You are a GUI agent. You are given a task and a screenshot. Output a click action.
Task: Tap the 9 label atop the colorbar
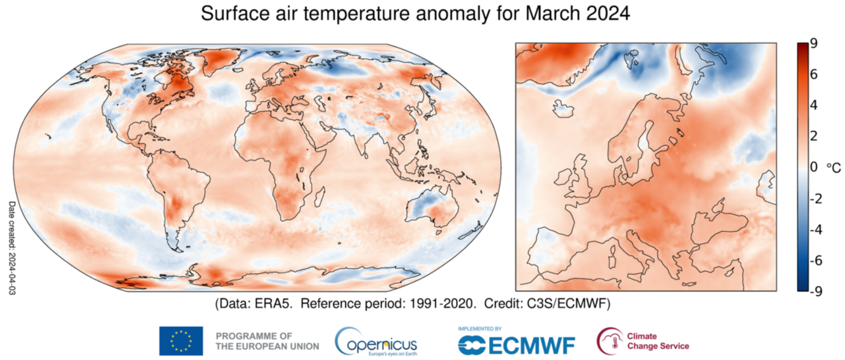point(814,44)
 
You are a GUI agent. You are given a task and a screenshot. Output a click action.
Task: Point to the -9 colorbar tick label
point(816,291)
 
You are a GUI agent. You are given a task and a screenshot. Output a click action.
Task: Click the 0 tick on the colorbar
point(814,167)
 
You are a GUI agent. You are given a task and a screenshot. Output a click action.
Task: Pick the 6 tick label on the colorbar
point(814,74)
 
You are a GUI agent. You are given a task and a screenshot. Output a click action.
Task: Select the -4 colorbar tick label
point(816,229)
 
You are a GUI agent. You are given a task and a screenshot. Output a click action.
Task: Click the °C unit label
point(834,168)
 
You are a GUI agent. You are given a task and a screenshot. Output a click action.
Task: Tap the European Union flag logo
point(181,341)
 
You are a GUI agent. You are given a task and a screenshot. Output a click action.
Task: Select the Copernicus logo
point(376,342)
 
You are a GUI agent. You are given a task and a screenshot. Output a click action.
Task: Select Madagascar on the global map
point(320,195)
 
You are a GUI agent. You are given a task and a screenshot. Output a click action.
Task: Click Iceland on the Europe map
point(563,109)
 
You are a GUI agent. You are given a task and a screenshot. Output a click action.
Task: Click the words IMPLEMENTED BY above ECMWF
point(480,329)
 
